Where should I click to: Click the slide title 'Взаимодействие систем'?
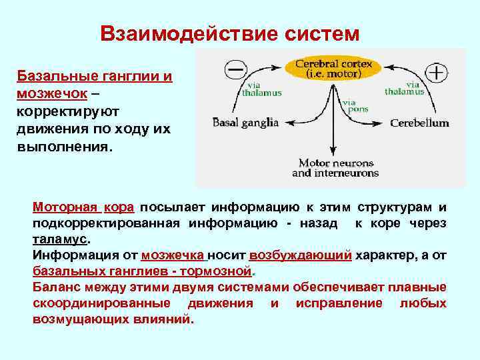[x=229, y=33]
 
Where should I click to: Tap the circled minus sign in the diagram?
[x=236, y=69]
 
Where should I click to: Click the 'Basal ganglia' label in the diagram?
[x=245, y=123]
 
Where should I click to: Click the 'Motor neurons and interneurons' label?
[x=335, y=168]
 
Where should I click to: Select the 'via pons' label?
[x=350, y=106]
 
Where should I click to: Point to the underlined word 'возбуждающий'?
[x=300, y=255]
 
